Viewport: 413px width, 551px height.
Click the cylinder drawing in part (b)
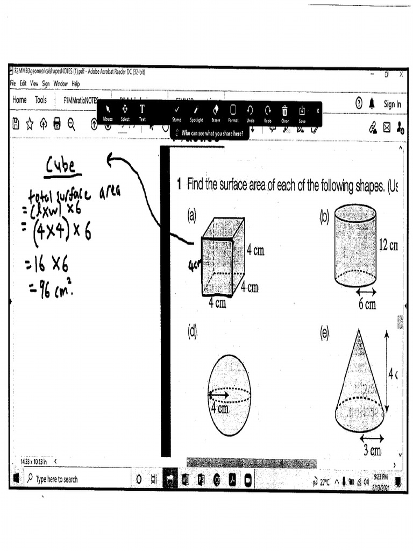click(355, 245)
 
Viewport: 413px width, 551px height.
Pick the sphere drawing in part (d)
click(229, 395)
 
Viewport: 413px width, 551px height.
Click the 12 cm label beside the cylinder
click(388, 245)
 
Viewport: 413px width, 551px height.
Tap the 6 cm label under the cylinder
click(367, 305)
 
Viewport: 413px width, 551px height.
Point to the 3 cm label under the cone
click(372, 450)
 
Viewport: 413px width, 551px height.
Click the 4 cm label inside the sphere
click(219, 408)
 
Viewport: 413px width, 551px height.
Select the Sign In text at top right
click(392, 104)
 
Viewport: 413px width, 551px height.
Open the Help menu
click(76, 84)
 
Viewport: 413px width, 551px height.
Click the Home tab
click(19, 100)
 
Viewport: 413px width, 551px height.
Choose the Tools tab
click(41, 100)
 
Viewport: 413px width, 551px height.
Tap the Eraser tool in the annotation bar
click(216, 113)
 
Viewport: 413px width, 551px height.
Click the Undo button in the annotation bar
click(250, 113)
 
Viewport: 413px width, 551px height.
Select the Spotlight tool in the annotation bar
click(196, 113)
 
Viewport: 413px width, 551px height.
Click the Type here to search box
click(56, 479)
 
